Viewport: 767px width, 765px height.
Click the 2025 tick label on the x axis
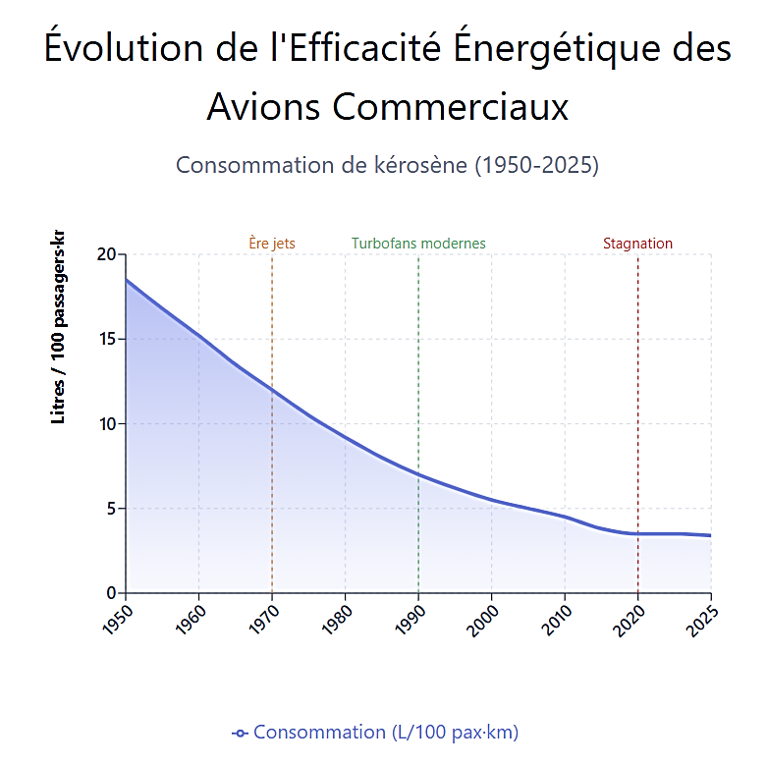click(702, 616)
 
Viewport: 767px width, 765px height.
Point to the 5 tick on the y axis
click(111, 509)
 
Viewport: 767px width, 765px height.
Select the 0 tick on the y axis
click(111, 593)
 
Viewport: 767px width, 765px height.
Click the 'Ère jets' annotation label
click(272, 244)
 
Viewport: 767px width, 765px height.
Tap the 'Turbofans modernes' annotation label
click(418, 244)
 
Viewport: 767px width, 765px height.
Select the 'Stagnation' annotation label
click(637, 244)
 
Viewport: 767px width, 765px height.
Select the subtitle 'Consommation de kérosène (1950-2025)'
click(387, 165)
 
